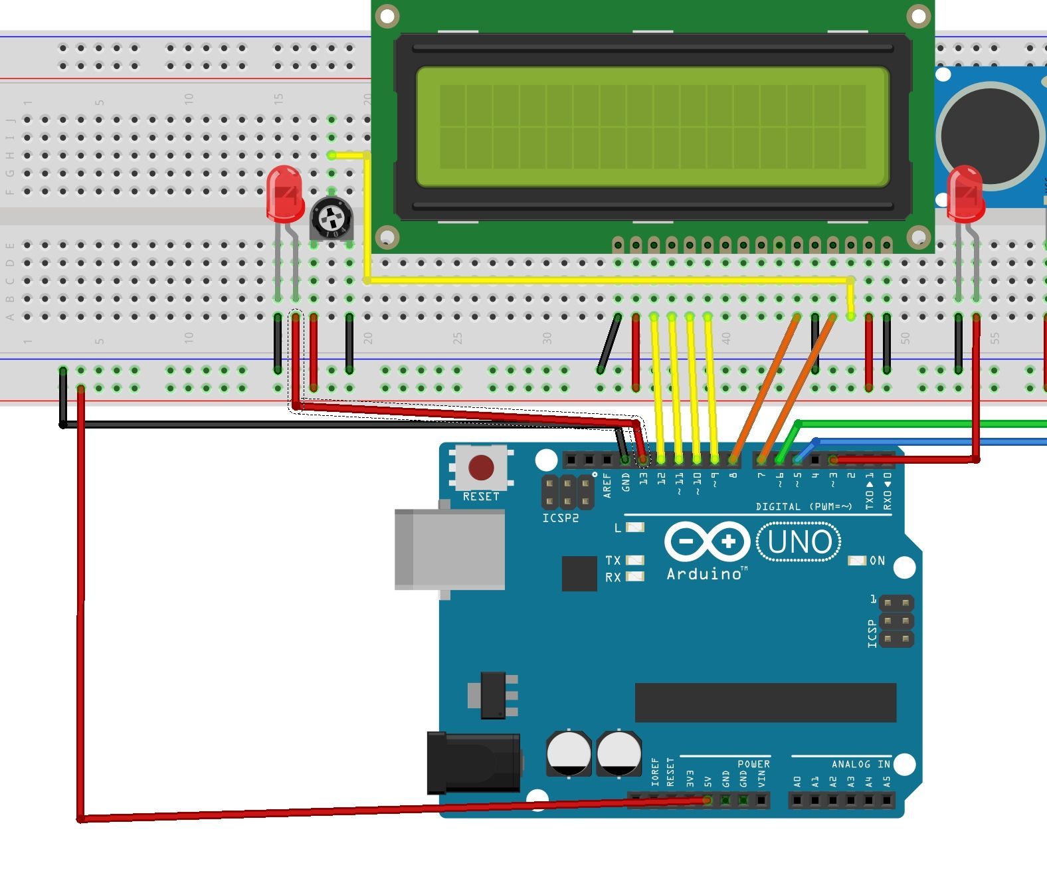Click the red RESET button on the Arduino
481,468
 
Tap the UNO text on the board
799,542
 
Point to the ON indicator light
857,561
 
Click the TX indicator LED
635,560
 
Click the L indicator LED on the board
635,528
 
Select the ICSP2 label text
560,518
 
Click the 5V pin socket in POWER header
708,801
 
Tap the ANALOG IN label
860,764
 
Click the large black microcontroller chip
765,702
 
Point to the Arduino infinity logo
707,542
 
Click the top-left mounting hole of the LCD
387,15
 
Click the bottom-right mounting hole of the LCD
918,236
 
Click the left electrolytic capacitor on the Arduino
569,753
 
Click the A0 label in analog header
797,781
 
